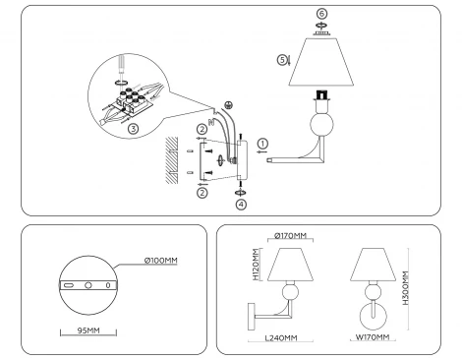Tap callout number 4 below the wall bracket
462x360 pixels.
click(241, 205)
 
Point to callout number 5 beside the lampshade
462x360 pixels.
click(283, 60)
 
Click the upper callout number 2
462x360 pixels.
click(201, 129)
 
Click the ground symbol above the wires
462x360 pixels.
click(229, 106)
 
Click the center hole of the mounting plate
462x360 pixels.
click(88, 284)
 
